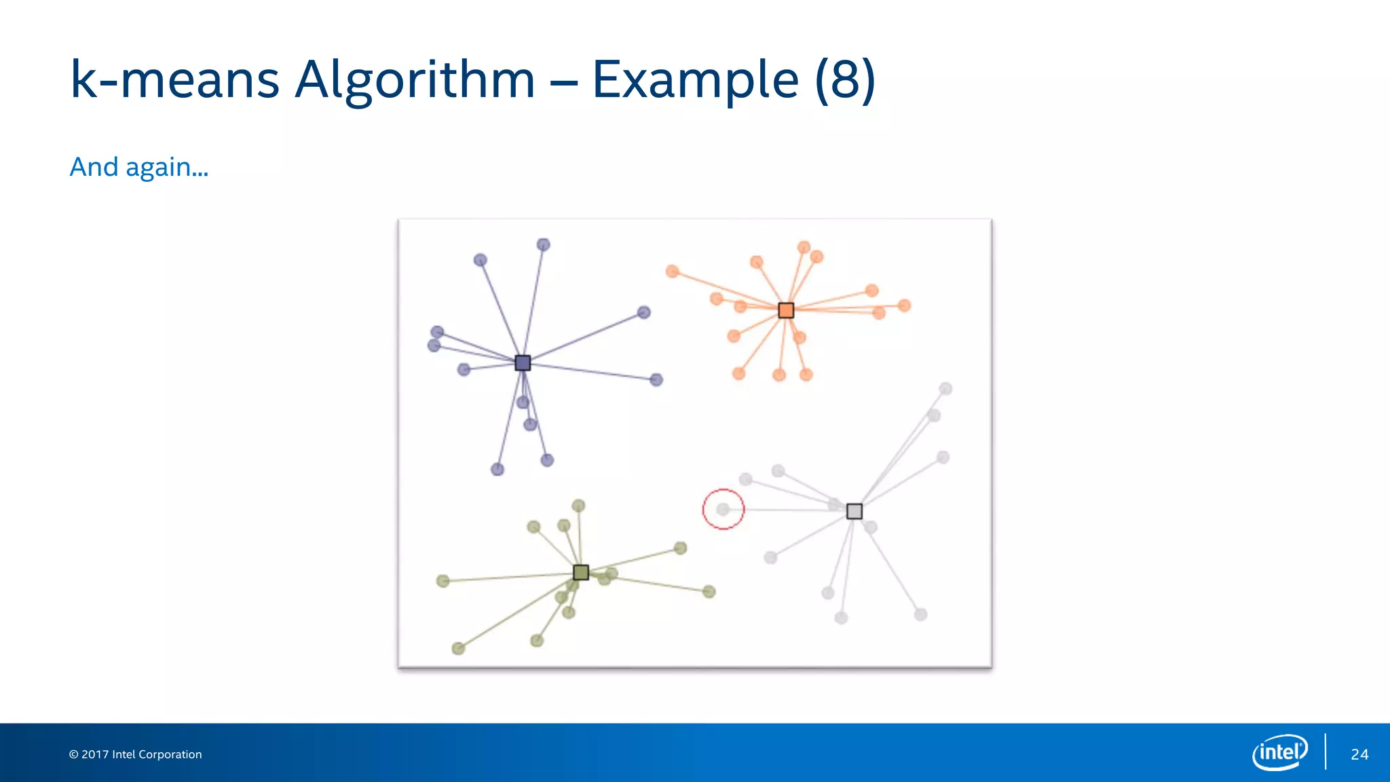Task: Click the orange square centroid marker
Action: coord(786,310)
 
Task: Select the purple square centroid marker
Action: coord(523,362)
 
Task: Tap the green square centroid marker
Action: coord(581,572)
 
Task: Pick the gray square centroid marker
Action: coord(854,511)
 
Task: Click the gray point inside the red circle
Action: coord(723,509)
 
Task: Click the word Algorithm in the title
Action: coord(415,80)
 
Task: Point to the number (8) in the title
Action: coord(845,80)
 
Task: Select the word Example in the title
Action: coord(695,80)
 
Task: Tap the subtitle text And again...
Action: coord(138,167)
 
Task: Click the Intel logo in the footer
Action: coord(1280,752)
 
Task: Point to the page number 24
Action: coord(1359,754)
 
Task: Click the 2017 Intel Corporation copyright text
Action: coord(136,754)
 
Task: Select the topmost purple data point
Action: coord(543,244)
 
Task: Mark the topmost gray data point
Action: coord(945,389)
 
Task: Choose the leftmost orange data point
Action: coord(672,272)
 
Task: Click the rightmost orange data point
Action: coord(904,305)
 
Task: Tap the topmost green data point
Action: coord(578,506)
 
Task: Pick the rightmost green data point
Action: coord(709,592)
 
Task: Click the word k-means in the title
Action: coord(174,80)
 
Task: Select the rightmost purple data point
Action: coord(656,379)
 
